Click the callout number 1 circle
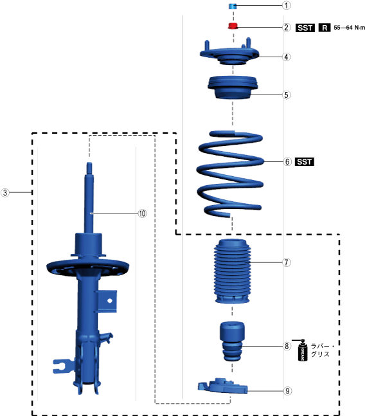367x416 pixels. tap(286, 5)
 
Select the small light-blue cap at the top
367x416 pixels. tap(233, 6)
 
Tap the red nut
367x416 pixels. tap(233, 26)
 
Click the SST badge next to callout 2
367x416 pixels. tap(305, 28)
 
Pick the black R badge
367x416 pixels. tap(325, 28)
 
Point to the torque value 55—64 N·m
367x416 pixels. tap(349, 28)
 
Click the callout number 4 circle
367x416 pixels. tap(287, 57)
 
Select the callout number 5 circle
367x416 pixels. tap(287, 95)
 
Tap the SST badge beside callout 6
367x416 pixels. tap(305, 161)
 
